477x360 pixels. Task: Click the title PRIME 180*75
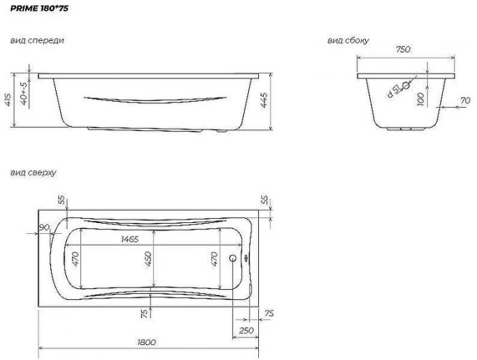click(x=40, y=8)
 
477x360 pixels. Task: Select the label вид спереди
click(x=37, y=40)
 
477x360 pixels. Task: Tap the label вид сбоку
click(x=348, y=40)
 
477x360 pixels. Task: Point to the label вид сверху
click(x=33, y=173)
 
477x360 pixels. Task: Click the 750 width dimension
click(x=403, y=49)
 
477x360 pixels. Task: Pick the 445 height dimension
click(x=264, y=100)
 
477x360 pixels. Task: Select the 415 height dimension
click(x=8, y=100)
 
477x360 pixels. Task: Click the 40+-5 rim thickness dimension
click(x=24, y=93)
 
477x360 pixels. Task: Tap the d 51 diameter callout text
click(x=393, y=91)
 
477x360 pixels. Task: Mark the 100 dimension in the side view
click(x=421, y=100)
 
